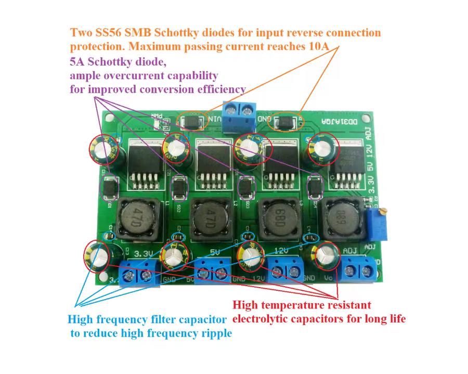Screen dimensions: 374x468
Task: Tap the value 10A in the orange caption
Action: coord(317,46)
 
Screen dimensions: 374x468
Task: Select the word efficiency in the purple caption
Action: coord(215,89)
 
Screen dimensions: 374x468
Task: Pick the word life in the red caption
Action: coord(395,318)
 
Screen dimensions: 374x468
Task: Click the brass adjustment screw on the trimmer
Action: coord(383,212)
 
